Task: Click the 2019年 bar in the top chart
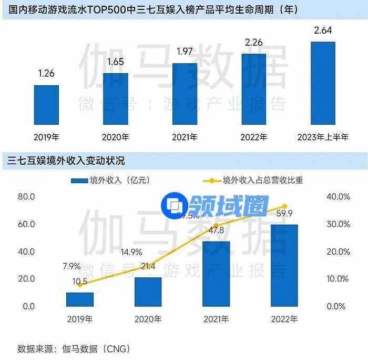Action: tap(46, 105)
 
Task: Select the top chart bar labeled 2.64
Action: tap(322, 83)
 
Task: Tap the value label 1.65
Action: tap(115, 62)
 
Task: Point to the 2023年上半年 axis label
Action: tap(322, 138)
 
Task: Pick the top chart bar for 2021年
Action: tap(185, 94)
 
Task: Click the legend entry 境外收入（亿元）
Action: tap(110, 181)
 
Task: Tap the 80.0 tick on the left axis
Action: tap(26, 197)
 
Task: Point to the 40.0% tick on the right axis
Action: tap(339, 197)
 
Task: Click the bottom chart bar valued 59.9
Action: tap(284, 265)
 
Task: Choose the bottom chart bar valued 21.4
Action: tap(148, 292)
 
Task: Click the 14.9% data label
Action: tap(131, 252)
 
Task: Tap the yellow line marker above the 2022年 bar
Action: tap(284, 206)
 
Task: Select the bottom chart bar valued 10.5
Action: tap(80, 299)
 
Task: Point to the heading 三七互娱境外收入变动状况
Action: tap(66, 160)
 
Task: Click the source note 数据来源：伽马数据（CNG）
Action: tap(74, 348)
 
